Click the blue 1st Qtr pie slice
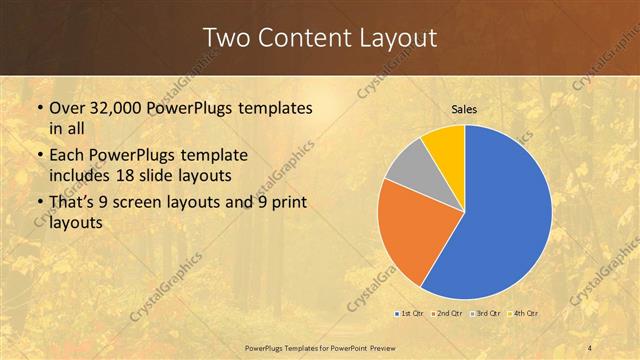pyautogui.click(x=505, y=215)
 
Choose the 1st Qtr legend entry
pyautogui.click(x=409, y=314)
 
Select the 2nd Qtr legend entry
pyautogui.click(x=444, y=314)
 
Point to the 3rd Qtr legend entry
pyautogui.click(x=485, y=314)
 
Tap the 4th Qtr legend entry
pyautogui.click(x=524, y=314)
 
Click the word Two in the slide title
pyautogui.click(x=225, y=38)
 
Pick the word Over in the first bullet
pyautogui.click(x=66, y=107)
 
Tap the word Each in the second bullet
pyautogui.click(x=67, y=155)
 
